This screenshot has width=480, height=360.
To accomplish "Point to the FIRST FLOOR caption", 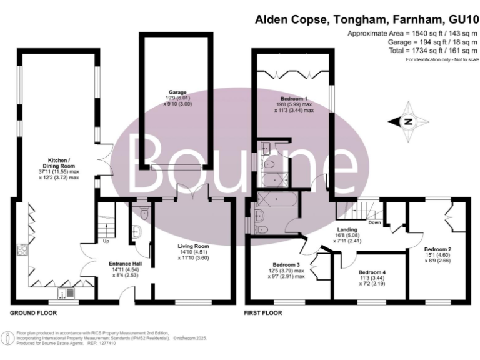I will pyautogui.click(x=263, y=312).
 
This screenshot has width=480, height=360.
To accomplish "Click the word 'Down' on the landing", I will pyautogui.click(x=374, y=222).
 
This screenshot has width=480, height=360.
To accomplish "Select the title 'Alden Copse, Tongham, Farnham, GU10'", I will pyautogui.click(x=367, y=19).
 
